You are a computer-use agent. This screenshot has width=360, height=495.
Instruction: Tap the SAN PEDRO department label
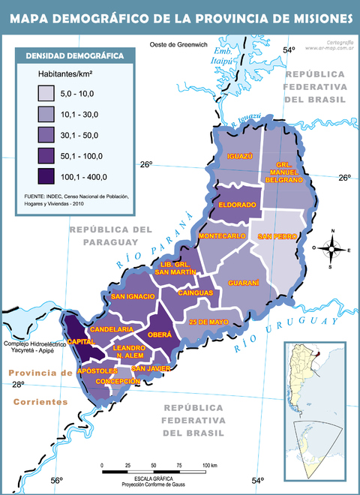(277, 236)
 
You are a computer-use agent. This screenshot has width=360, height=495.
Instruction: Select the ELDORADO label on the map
(238, 204)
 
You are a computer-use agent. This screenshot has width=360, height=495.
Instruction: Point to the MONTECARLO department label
(223, 236)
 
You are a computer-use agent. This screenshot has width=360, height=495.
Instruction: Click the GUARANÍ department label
(244, 283)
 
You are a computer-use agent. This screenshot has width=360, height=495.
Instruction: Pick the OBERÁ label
(160, 334)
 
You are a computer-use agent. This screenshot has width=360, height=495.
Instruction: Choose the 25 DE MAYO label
(208, 322)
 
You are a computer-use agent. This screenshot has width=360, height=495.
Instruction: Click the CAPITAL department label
(80, 341)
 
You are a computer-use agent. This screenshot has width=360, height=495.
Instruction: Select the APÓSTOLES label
(97, 370)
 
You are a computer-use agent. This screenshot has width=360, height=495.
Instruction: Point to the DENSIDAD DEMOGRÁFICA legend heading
(75, 55)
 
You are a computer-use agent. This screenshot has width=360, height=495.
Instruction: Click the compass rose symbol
(330, 249)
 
